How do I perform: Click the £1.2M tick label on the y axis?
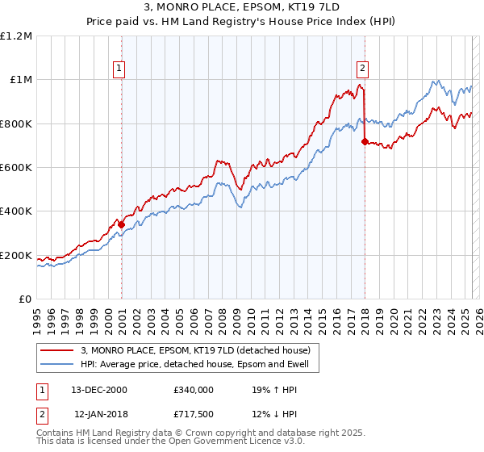(x=17, y=36)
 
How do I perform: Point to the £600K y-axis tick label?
(x=16, y=168)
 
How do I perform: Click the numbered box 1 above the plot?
(x=119, y=69)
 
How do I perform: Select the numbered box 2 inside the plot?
(x=363, y=69)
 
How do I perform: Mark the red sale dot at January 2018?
(x=365, y=142)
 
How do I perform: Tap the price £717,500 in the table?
(x=193, y=413)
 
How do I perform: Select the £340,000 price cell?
(x=193, y=389)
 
